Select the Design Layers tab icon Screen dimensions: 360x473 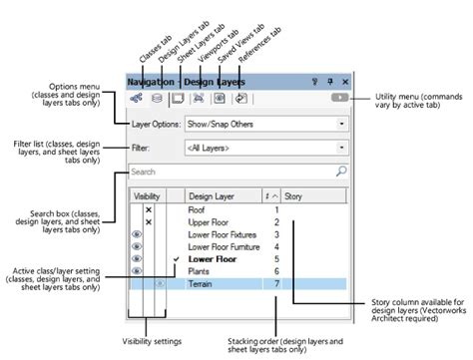click(x=157, y=99)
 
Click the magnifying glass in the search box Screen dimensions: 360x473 click(x=341, y=172)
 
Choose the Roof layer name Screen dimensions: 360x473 click(x=197, y=210)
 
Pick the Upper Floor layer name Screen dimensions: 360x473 click(x=205, y=222)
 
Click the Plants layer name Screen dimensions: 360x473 click(x=199, y=270)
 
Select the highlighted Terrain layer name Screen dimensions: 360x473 click(x=202, y=283)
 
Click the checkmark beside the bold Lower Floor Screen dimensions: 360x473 click(x=176, y=258)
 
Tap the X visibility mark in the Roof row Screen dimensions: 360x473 click(x=149, y=210)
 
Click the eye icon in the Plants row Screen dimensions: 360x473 click(x=138, y=270)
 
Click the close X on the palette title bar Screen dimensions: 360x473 click(x=345, y=80)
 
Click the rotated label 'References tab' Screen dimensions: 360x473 click(x=265, y=50)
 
